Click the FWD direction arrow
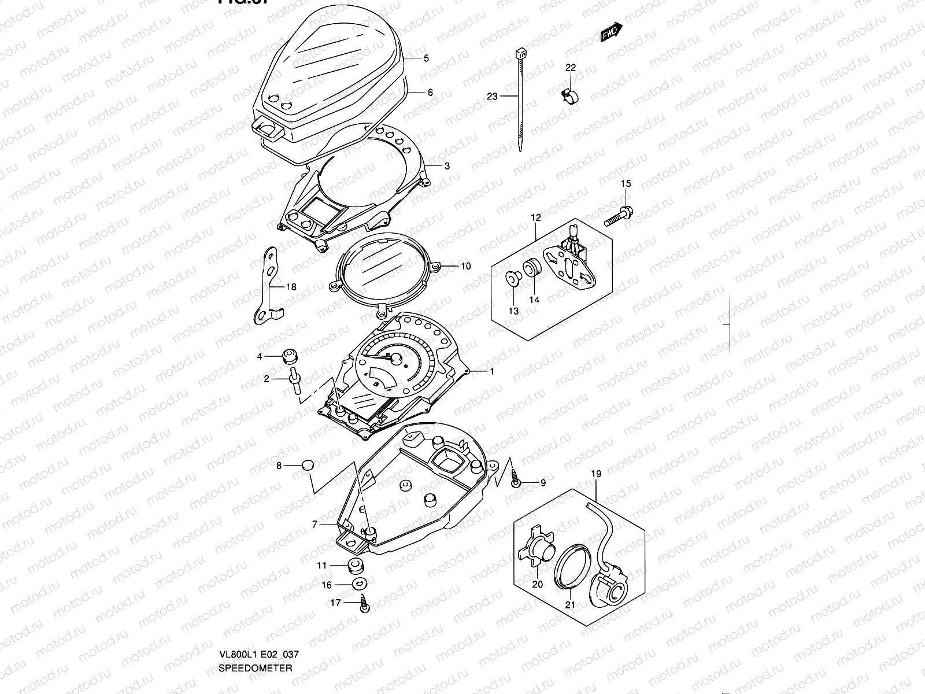pyautogui.click(x=611, y=32)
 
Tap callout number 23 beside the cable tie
pyautogui.click(x=492, y=97)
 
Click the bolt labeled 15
pyautogui.click(x=618, y=216)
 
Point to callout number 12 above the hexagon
pyautogui.click(x=536, y=217)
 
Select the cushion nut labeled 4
pyautogui.click(x=289, y=356)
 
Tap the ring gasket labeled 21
pyautogui.click(x=571, y=562)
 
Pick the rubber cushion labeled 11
pyautogui.click(x=357, y=565)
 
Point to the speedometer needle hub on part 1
pyautogui.click(x=398, y=359)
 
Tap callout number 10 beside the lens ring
pyautogui.click(x=466, y=266)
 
